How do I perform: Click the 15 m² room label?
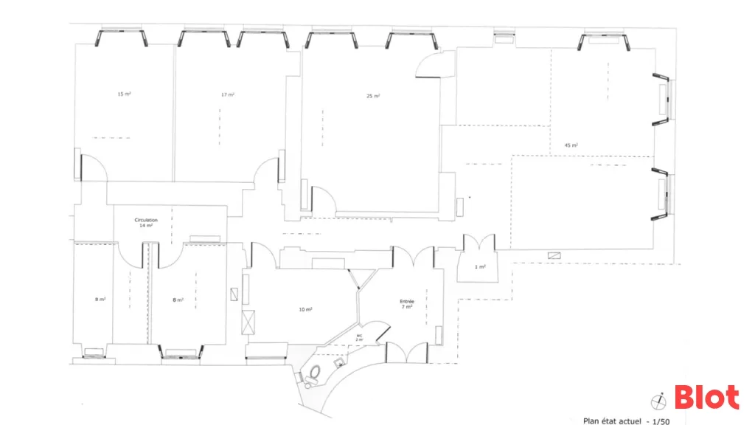point(124,94)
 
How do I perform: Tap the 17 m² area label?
point(228,94)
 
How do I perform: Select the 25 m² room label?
point(373,96)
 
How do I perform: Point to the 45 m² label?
point(571,145)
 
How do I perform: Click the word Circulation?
point(146,220)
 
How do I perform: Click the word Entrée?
point(407,301)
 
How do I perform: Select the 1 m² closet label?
point(480,266)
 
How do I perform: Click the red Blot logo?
point(706,398)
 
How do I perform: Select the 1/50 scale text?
point(659,421)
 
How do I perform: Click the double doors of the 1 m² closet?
point(479,243)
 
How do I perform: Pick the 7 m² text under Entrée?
point(407,307)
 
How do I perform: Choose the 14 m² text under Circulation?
point(146,226)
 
